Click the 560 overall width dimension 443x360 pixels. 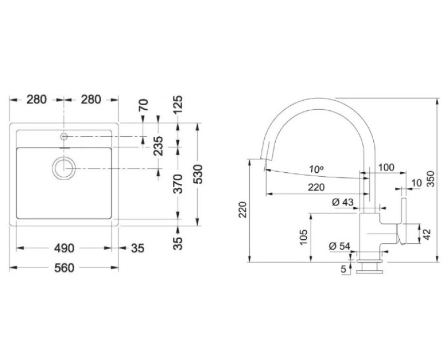pyautogui.click(x=64, y=268)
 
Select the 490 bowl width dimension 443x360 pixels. pyautogui.click(x=64, y=248)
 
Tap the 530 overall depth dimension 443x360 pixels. pyautogui.click(x=199, y=174)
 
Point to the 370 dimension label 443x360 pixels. pyautogui.click(x=178, y=184)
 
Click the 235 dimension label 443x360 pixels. pyautogui.click(x=158, y=146)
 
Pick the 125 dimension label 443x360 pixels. pyautogui.click(x=178, y=105)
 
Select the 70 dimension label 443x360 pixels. pyautogui.click(x=143, y=105)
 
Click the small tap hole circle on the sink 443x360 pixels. pyautogui.click(x=64, y=137)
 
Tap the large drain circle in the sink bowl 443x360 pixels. pyautogui.click(x=64, y=168)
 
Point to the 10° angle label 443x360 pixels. pyautogui.click(x=316, y=169)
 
